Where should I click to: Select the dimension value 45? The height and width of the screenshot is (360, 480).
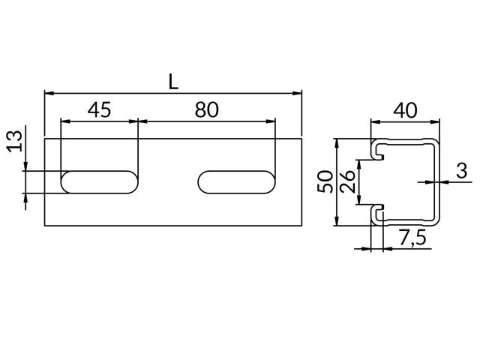click(99, 110)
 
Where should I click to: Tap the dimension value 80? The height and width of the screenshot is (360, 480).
click(207, 110)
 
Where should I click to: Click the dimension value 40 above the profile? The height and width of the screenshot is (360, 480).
click(405, 110)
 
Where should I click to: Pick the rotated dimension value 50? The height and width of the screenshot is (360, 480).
click(325, 181)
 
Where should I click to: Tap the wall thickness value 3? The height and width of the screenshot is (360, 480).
click(461, 170)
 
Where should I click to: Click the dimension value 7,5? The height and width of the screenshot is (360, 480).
click(412, 239)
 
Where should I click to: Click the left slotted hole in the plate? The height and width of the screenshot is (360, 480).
click(99, 182)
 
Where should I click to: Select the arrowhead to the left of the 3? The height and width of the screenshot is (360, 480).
click(430, 181)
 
